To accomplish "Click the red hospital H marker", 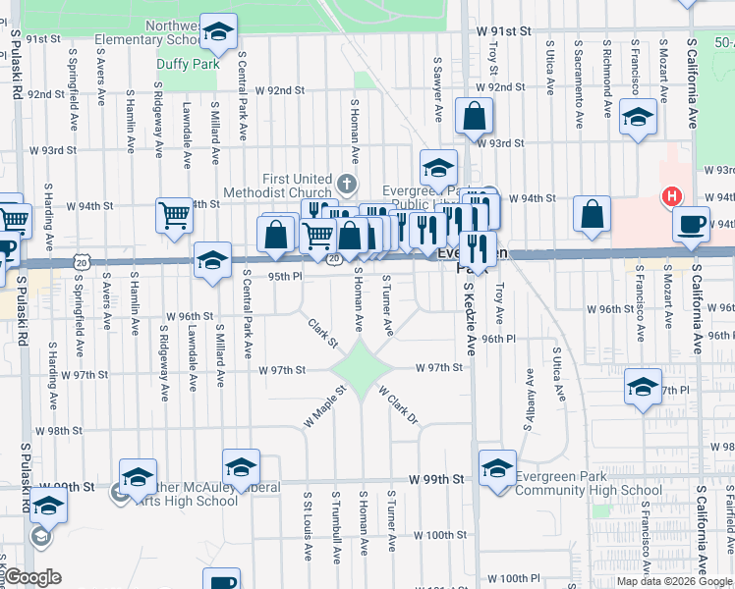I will [672, 197].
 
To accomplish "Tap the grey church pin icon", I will [346, 184].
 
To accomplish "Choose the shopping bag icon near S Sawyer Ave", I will [474, 116].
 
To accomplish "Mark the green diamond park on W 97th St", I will [361, 370].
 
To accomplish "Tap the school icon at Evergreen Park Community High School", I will [497, 467].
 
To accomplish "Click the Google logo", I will [32, 577].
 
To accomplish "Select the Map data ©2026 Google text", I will [674, 581].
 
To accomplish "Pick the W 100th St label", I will [439, 535].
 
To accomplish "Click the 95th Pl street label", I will [285, 277].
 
